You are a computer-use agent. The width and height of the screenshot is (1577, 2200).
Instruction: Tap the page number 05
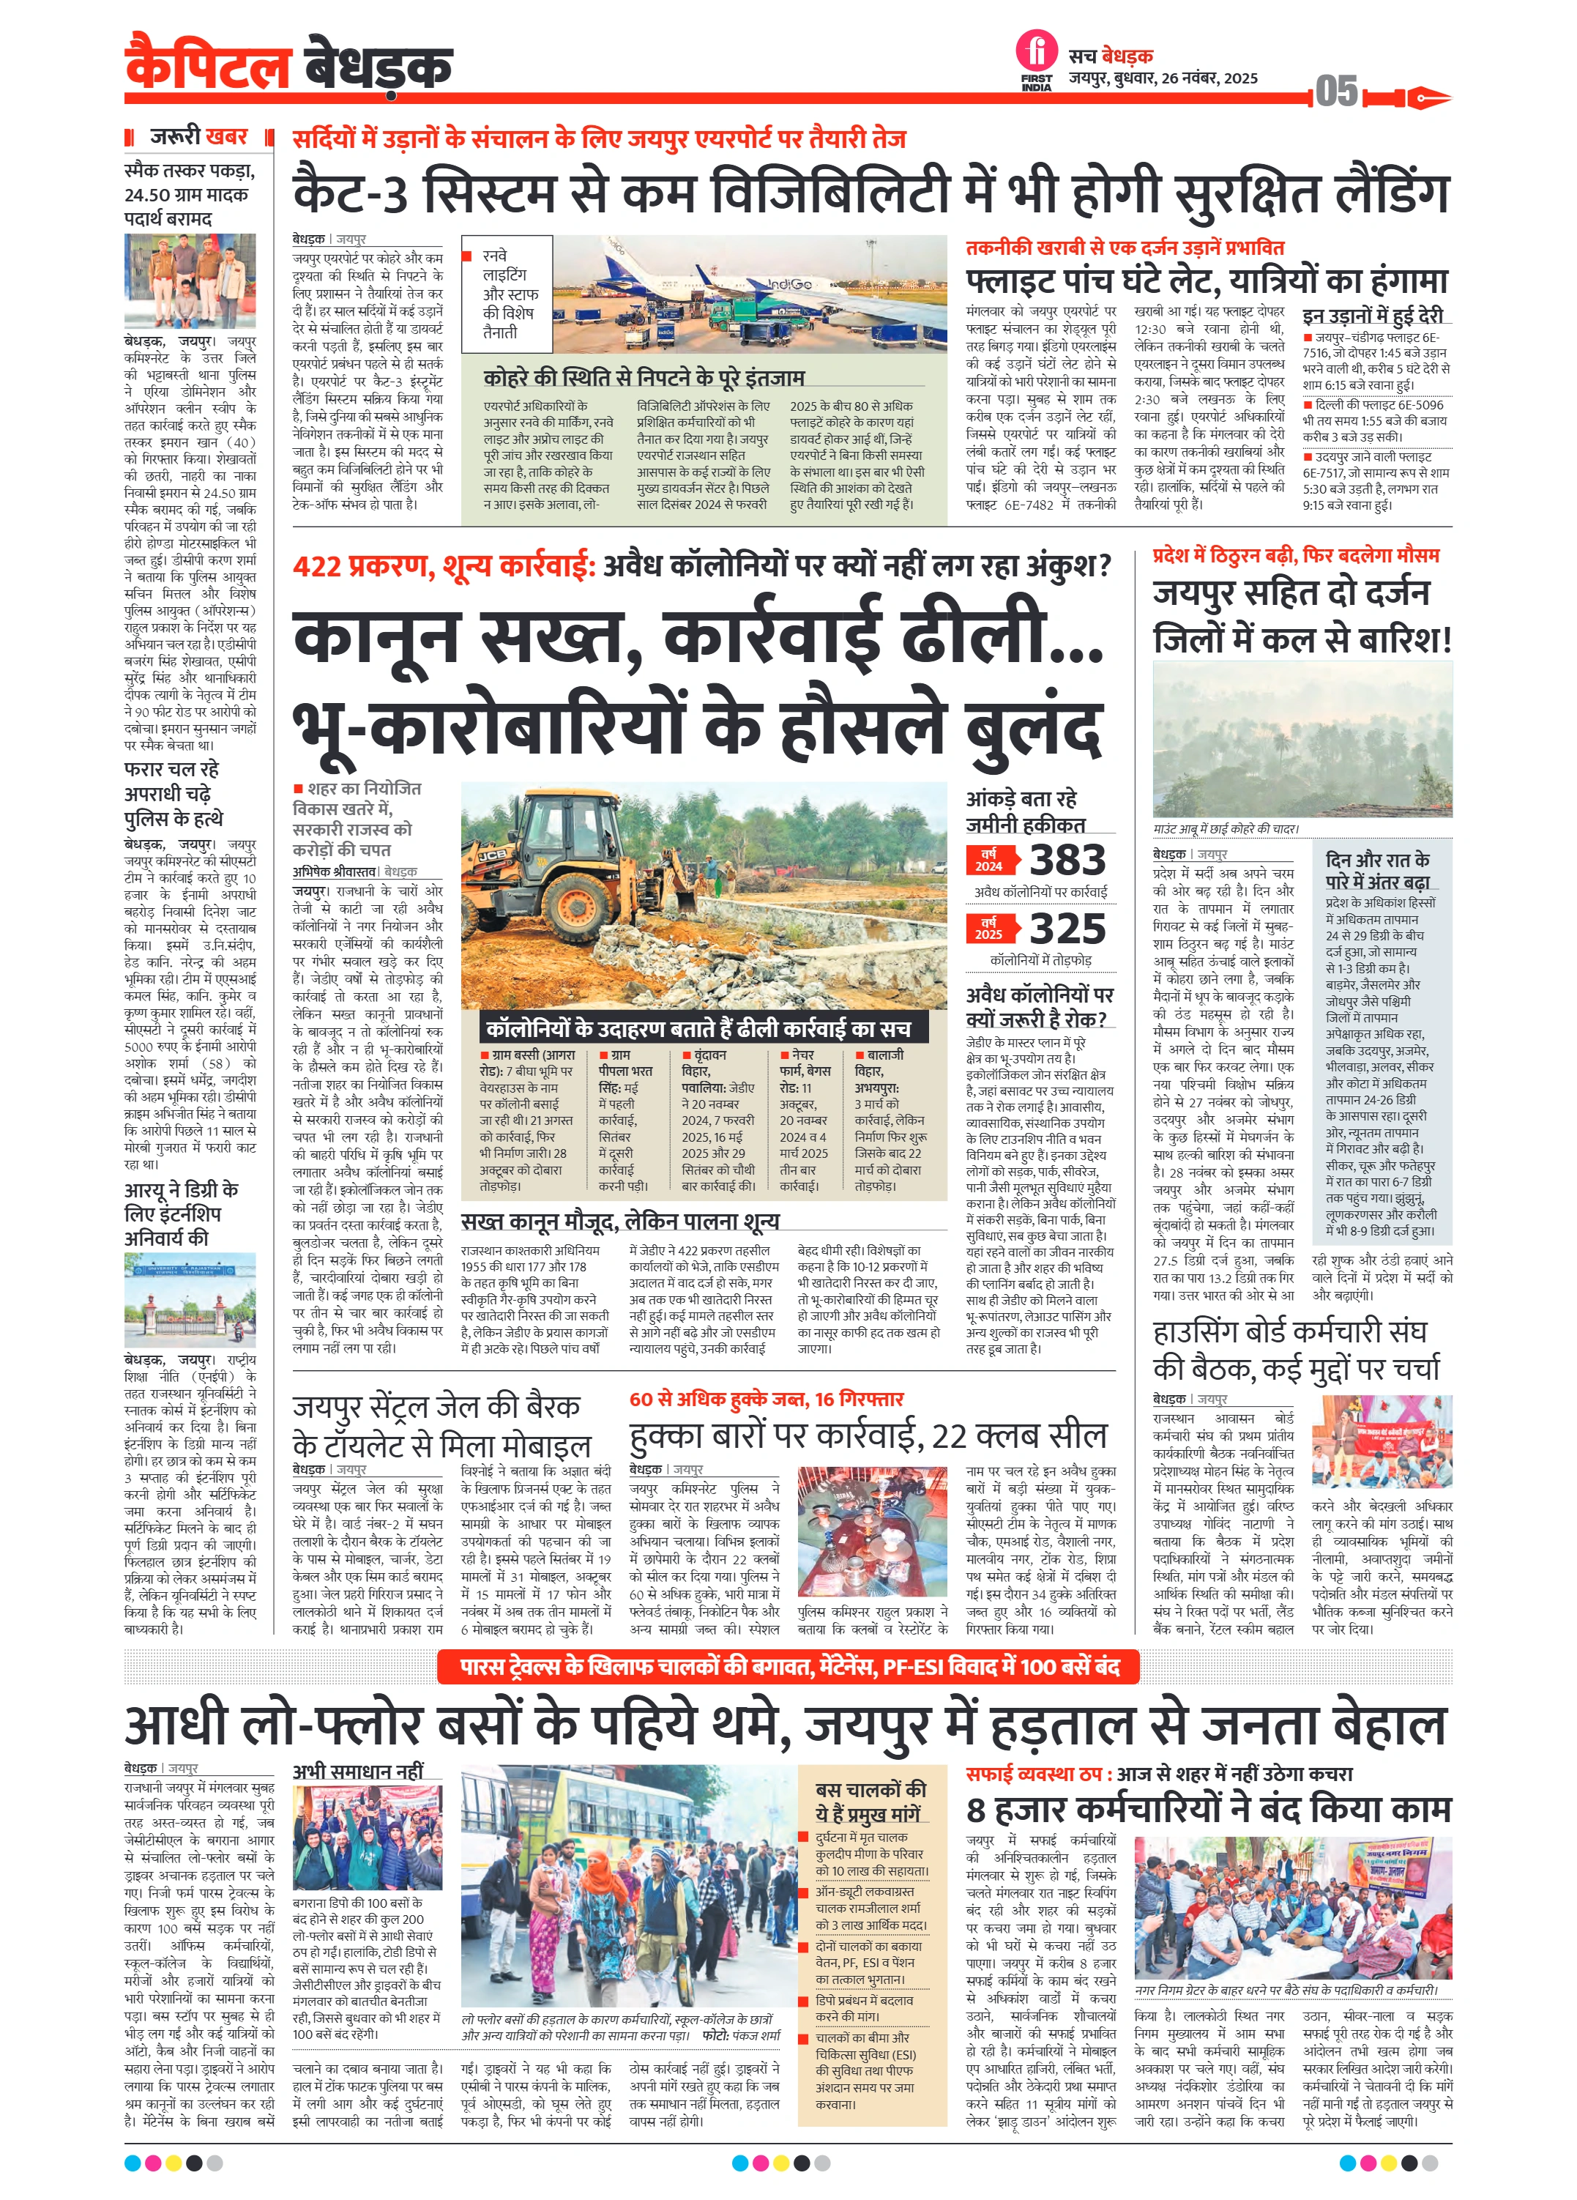click(x=1336, y=92)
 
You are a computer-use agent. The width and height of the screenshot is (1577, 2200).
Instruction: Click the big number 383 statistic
click(x=1067, y=861)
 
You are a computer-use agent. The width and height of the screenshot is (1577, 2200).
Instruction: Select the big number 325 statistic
click(x=1067, y=929)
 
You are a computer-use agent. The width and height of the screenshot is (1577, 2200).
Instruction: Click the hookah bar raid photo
click(x=872, y=1534)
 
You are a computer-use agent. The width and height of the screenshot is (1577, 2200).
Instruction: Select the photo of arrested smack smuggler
click(x=190, y=280)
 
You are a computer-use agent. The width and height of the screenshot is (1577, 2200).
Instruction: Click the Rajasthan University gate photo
click(x=190, y=1300)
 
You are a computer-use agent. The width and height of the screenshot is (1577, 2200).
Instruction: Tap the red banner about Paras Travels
click(x=788, y=1667)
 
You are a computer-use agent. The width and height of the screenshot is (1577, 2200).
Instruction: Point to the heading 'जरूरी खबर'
click(x=199, y=137)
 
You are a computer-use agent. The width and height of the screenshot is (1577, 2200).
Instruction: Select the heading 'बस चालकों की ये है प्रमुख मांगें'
click(x=869, y=1802)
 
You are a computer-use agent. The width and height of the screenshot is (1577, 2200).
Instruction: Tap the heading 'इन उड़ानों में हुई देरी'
click(x=1372, y=315)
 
